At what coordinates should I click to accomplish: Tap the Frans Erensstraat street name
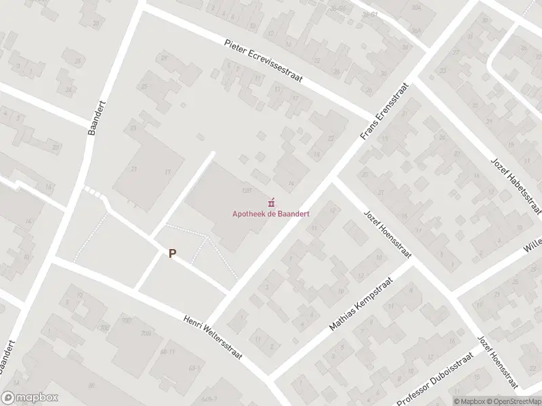coord(377,112)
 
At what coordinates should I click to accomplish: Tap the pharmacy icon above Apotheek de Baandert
coord(272,202)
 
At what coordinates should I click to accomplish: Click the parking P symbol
coord(172,254)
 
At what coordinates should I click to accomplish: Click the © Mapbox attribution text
coord(472,401)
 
